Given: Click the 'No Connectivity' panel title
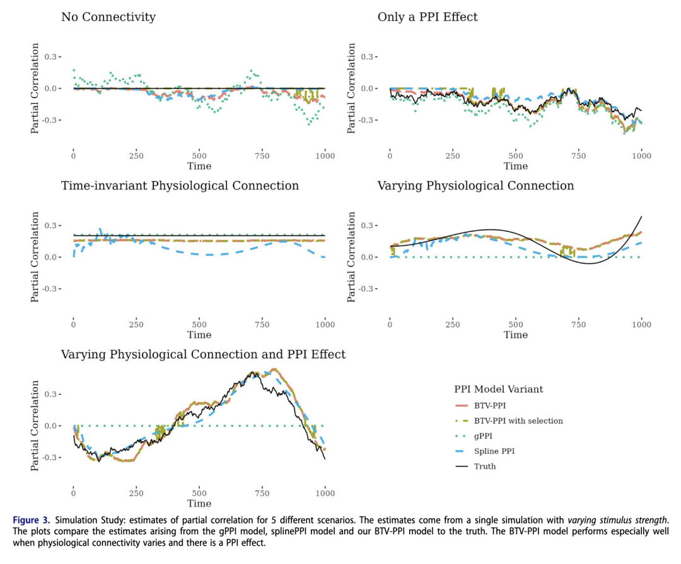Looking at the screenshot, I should (x=108, y=17).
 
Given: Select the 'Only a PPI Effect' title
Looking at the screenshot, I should (x=428, y=17).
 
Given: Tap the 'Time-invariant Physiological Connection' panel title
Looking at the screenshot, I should (x=180, y=186).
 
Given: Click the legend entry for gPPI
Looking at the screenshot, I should (x=484, y=436).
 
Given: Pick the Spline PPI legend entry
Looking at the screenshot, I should (x=494, y=451).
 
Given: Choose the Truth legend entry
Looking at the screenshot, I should (x=485, y=466).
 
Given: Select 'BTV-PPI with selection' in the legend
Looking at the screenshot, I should (x=518, y=421).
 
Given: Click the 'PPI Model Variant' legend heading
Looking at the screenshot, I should (x=498, y=389).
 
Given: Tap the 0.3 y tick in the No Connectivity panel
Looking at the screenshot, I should (x=53, y=57).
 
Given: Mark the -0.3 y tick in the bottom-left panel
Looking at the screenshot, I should (x=52, y=458).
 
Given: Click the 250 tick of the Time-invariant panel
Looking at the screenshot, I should (x=136, y=325).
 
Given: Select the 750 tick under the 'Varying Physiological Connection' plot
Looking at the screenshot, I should (x=579, y=325).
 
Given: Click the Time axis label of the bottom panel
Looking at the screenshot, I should (x=199, y=504).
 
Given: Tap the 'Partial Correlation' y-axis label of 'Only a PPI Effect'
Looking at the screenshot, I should (x=352, y=88).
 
